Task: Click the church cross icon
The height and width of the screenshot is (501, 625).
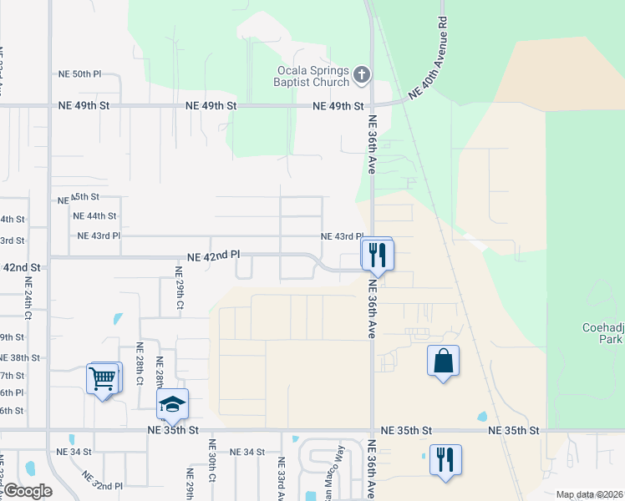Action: pos(362,76)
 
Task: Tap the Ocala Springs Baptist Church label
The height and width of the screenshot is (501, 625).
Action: pos(311,76)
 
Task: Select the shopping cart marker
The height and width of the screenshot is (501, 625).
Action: pos(103,378)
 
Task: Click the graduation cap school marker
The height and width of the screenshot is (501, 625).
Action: pos(172,405)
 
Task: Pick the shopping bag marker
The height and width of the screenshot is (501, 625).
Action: pos(443,361)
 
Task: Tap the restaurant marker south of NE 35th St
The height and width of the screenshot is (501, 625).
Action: pos(445,458)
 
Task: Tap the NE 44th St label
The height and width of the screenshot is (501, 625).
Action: pos(94,215)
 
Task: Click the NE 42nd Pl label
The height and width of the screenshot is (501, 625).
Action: pos(214,255)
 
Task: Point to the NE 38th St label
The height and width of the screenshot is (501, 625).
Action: pos(19,357)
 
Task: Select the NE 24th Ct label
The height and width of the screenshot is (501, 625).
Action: pos(26,306)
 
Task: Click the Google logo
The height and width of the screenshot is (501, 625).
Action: pos(27,491)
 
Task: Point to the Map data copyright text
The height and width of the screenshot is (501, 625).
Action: pos(589,494)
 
